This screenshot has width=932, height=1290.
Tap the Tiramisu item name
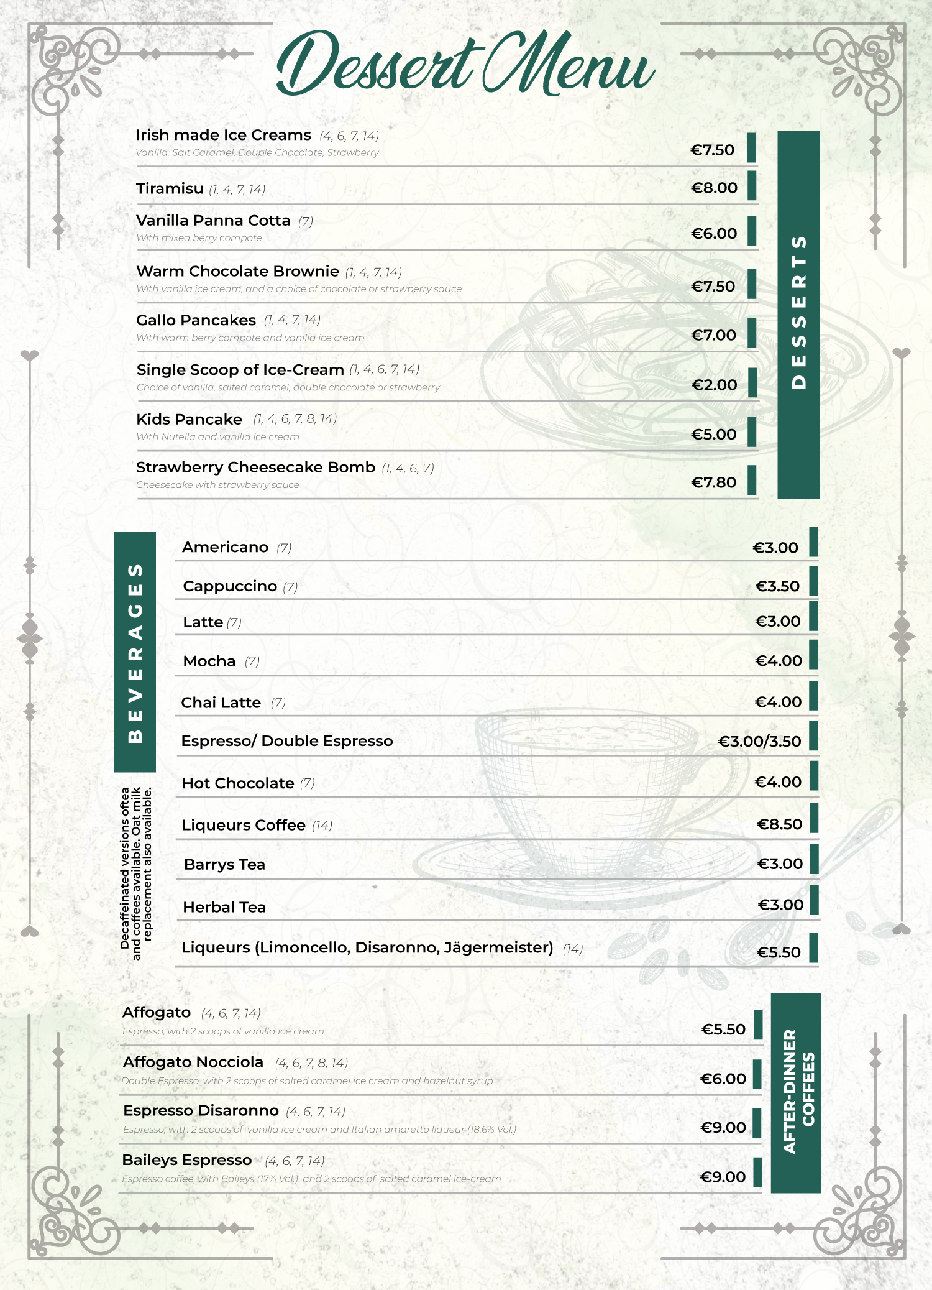coord(170,188)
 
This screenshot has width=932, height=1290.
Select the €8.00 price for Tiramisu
coord(714,188)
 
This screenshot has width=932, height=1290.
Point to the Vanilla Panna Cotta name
coord(213,221)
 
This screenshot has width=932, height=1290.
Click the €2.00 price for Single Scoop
coord(714,385)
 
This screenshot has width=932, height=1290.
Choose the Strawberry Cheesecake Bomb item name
coord(255,468)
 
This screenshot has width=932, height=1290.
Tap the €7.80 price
coord(713,482)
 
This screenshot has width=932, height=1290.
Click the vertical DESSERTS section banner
coord(798,314)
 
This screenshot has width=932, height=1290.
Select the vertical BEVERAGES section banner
coord(135,652)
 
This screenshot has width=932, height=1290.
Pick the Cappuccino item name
coord(230,586)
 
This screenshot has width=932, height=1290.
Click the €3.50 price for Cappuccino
coord(777,586)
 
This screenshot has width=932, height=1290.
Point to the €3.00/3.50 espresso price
coord(759,741)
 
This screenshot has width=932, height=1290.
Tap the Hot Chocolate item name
coord(238,783)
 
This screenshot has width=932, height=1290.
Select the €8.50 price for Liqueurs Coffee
coord(779,824)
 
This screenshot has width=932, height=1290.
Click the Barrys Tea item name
coord(225,865)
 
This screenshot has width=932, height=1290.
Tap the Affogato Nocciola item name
coord(193,1062)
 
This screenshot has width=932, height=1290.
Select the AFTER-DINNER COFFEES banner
coord(797,1092)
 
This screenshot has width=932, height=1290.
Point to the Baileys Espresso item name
coord(187,1160)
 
